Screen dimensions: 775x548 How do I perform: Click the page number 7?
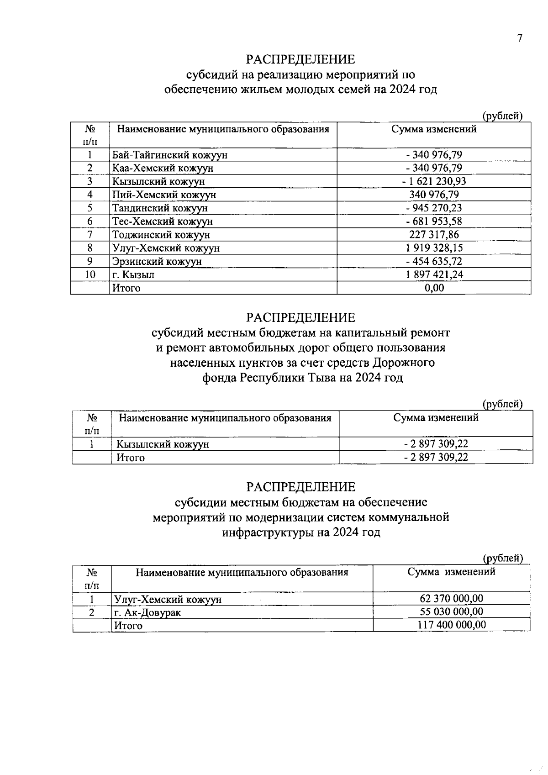click(x=519, y=38)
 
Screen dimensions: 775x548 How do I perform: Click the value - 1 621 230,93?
click(x=434, y=181)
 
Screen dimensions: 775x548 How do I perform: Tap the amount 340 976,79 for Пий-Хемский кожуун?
click(x=434, y=195)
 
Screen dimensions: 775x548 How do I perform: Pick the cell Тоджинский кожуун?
click(x=161, y=235)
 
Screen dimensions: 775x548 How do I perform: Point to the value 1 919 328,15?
click(x=434, y=248)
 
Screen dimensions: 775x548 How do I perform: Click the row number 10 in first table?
click(x=90, y=274)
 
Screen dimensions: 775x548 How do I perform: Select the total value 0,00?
click(x=434, y=288)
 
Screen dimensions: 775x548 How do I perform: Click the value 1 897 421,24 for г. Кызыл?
click(x=434, y=274)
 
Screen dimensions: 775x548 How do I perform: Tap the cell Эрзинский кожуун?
click(x=157, y=261)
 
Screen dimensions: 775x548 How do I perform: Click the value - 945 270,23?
click(x=434, y=208)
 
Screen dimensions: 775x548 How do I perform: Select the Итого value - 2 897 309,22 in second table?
click(x=436, y=457)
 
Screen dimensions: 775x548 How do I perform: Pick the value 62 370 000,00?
click(x=451, y=599)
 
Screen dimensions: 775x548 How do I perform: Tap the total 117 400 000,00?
click(x=451, y=625)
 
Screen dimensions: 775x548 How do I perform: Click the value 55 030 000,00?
click(x=451, y=612)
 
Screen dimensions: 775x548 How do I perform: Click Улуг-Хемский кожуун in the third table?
click(x=168, y=599)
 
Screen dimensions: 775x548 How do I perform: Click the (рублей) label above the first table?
click(x=502, y=116)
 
